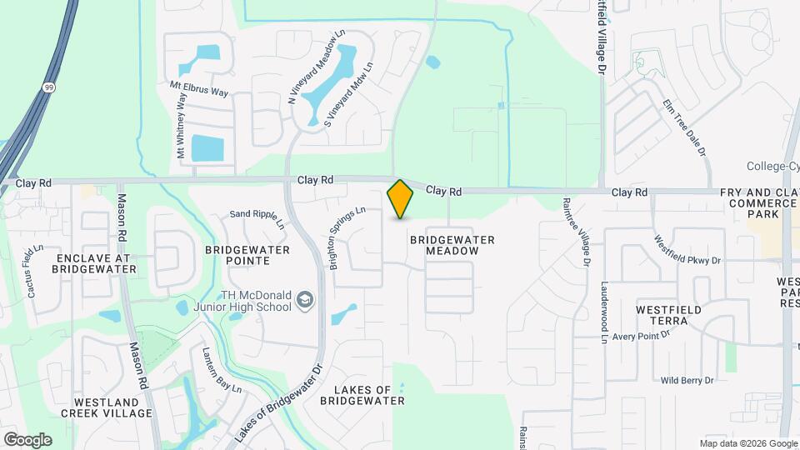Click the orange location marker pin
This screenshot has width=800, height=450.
[400, 198]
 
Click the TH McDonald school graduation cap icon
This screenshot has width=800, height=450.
[305, 299]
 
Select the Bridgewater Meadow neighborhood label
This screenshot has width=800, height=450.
[452, 245]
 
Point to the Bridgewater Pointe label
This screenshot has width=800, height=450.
[247, 255]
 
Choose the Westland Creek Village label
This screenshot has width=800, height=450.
[112, 407]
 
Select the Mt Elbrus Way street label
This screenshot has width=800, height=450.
[198, 87]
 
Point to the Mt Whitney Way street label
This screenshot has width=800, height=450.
[181, 125]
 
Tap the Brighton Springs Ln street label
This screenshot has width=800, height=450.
[347, 238]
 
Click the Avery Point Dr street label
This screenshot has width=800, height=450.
[642, 336]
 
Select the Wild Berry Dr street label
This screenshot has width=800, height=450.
[687, 380]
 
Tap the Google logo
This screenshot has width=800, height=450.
[27, 439]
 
